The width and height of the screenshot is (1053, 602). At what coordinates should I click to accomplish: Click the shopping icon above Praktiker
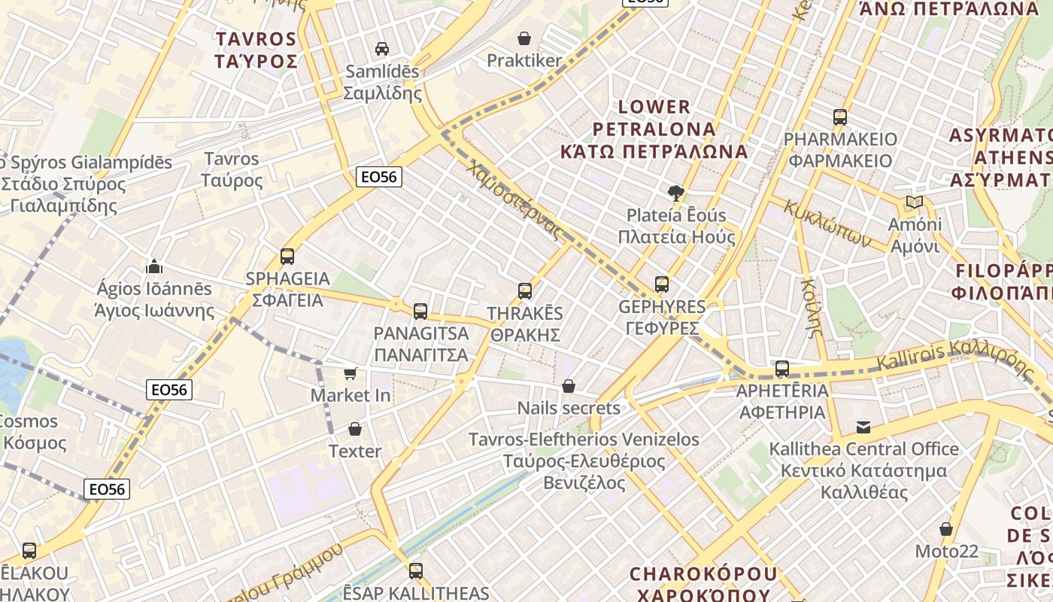point(524,38)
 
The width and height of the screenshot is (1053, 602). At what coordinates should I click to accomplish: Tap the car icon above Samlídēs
point(382,49)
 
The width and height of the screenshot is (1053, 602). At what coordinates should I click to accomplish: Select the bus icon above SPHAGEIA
point(287,256)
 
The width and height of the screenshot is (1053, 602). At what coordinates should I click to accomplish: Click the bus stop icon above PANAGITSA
point(420,311)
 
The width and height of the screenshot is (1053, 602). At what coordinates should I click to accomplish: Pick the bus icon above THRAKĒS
point(525,290)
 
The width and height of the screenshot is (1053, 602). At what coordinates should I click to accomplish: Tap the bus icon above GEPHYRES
point(662,284)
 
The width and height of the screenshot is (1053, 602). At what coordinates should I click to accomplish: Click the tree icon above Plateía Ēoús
point(676,193)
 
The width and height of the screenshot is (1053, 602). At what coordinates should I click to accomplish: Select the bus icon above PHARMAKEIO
point(840,117)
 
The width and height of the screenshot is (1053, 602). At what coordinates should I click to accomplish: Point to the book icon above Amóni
point(915,202)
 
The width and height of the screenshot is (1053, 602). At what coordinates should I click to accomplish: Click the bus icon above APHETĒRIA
point(782,369)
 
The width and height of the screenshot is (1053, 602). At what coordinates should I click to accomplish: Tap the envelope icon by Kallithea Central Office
point(863,427)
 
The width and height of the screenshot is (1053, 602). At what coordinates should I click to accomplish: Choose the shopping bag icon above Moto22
point(946,529)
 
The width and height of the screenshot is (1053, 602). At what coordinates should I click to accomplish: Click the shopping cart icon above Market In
point(350,373)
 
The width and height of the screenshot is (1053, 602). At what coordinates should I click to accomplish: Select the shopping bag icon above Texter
point(355,429)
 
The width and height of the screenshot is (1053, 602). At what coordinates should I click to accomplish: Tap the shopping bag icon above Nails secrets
point(569,386)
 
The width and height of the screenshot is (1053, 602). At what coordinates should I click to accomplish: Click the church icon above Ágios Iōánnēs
point(154,266)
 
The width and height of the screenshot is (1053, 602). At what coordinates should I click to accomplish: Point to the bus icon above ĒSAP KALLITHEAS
point(416,570)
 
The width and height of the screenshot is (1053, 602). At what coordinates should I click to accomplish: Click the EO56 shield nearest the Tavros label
point(379,177)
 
